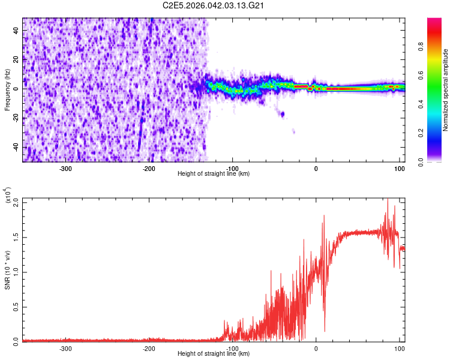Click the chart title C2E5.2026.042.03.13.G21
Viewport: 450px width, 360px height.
coord(214,5)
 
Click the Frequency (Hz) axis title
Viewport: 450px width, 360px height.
coord(7,89)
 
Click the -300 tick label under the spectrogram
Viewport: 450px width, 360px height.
coord(65,168)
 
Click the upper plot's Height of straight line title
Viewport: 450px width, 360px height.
coord(214,174)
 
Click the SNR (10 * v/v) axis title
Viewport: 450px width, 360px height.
coord(7,270)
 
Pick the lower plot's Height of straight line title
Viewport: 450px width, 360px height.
coord(214,354)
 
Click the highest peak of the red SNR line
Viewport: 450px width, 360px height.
coord(388,199)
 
